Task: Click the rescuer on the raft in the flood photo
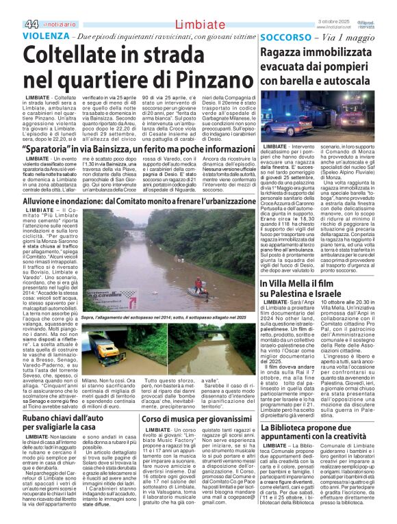pos(199,283)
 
